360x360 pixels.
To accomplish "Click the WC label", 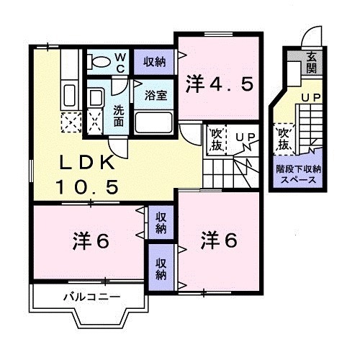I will click(120, 62).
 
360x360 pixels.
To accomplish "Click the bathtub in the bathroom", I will click(153, 122).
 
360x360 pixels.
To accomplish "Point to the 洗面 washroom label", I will click(120, 117).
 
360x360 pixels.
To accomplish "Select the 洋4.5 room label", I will click(220, 84).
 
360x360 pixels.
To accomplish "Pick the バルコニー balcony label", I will click(90, 297).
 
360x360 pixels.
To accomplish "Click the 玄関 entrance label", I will click(312, 63).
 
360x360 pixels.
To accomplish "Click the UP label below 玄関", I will click(311, 96).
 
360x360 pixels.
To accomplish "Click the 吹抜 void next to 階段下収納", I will click(283, 138).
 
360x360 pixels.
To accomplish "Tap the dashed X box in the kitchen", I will click(71, 122).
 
